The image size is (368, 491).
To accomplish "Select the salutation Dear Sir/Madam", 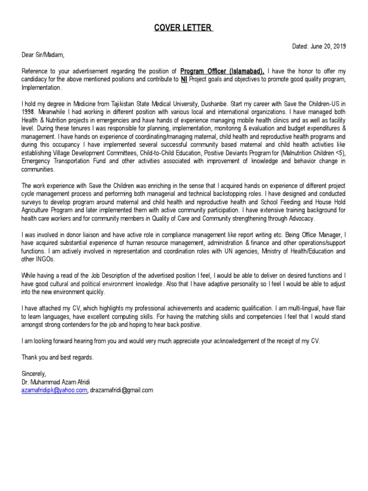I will [x=43, y=55].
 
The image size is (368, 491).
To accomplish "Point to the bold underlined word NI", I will [x=184, y=80].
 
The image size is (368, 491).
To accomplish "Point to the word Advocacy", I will [x=302, y=219].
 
